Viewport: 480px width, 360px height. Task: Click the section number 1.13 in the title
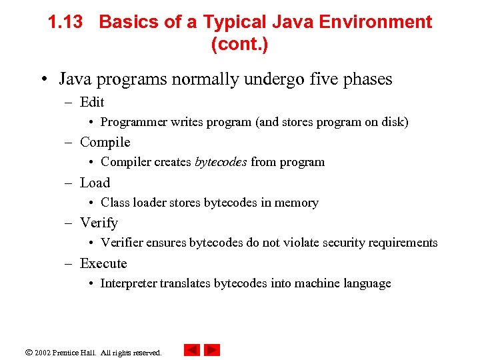[x=65, y=22]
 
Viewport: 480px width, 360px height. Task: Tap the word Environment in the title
[x=375, y=22]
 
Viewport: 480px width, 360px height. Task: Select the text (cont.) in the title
[x=239, y=45]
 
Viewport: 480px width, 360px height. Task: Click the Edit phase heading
[x=92, y=102]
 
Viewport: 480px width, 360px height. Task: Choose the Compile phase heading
[x=105, y=142]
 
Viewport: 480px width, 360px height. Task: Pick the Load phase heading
[x=95, y=183]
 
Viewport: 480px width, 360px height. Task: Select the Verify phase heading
[x=99, y=223]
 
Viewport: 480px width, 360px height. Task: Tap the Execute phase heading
[x=103, y=263]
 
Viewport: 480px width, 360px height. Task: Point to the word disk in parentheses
[x=393, y=122]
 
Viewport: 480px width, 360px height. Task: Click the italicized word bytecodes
[x=221, y=162]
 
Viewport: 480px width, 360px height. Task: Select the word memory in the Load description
[x=298, y=203]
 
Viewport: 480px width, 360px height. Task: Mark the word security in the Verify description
[x=351, y=243]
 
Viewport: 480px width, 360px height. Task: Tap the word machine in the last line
[x=314, y=283]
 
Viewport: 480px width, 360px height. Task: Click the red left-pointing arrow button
[x=192, y=350]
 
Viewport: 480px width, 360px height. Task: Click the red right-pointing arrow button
[x=212, y=350]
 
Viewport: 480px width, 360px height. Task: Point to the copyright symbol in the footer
[x=28, y=352]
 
